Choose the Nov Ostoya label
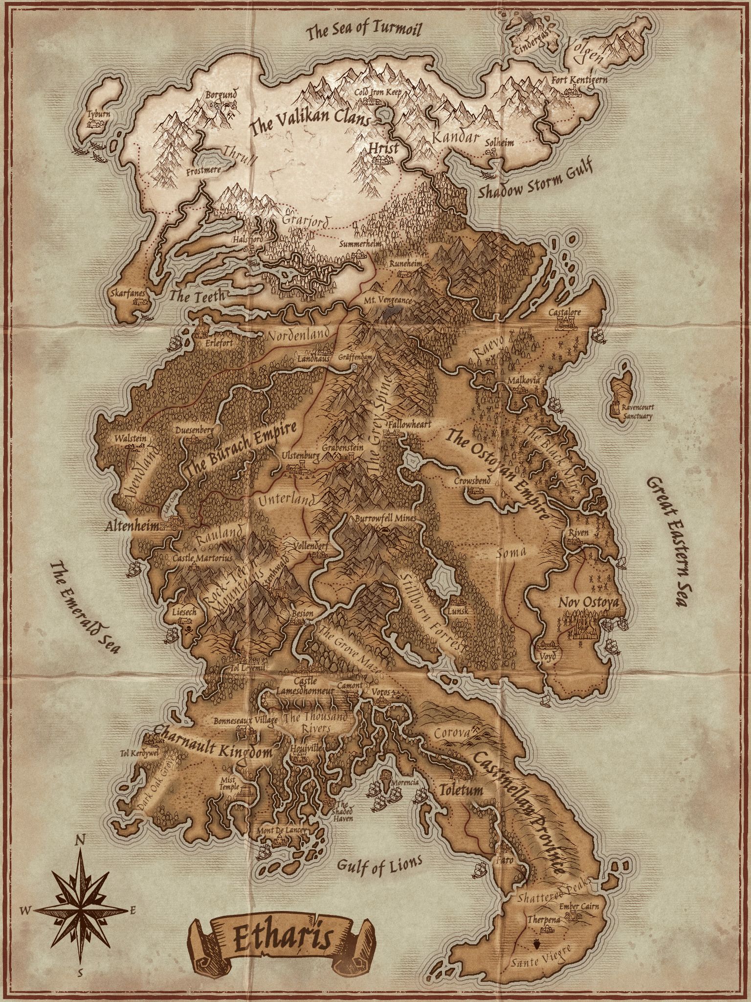click(588, 601)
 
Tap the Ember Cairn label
click(580, 907)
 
